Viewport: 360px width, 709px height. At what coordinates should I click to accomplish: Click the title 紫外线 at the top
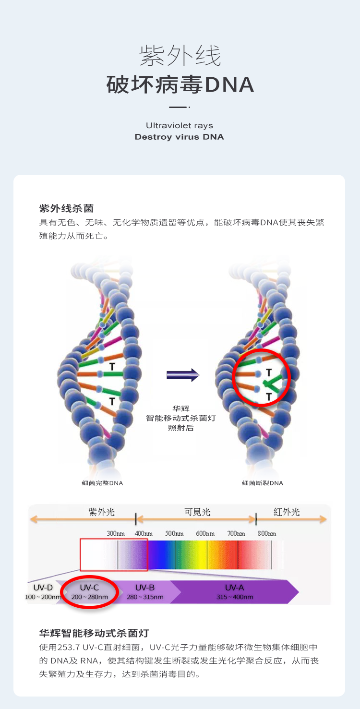[x=180, y=56]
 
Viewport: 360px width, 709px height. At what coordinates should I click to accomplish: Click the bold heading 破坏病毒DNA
[x=180, y=84]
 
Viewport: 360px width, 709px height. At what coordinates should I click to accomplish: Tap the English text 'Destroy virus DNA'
[x=179, y=137]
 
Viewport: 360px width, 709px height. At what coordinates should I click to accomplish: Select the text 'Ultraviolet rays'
[x=180, y=125]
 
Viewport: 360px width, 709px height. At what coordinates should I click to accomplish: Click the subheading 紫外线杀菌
[x=66, y=208]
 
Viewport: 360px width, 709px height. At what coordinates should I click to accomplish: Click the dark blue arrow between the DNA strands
[x=182, y=375]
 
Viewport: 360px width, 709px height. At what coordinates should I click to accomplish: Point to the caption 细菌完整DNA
[x=102, y=483]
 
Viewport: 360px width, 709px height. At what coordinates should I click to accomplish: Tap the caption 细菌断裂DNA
[x=263, y=483]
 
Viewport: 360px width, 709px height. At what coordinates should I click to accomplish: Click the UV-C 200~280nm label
[x=90, y=592]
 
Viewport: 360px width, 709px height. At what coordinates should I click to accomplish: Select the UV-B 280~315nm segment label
[x=145, y=592]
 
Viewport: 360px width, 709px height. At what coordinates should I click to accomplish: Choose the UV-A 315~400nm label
[x=235, y=592]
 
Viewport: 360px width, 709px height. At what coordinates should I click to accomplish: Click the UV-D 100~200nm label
[x=43, y=592]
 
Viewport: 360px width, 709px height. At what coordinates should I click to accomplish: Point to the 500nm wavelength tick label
[x=175, y=533]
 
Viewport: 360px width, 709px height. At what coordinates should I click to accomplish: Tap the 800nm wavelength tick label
[x=267, y=533]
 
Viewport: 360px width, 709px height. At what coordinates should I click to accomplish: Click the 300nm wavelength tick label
[x=116, y=533]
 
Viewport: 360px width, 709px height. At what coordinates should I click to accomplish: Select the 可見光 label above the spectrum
[x=197, y=512]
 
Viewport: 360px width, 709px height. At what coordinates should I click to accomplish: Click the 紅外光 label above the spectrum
[x=287, y=512]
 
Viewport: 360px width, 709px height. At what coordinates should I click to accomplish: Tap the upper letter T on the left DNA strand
[x=112, y=366]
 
